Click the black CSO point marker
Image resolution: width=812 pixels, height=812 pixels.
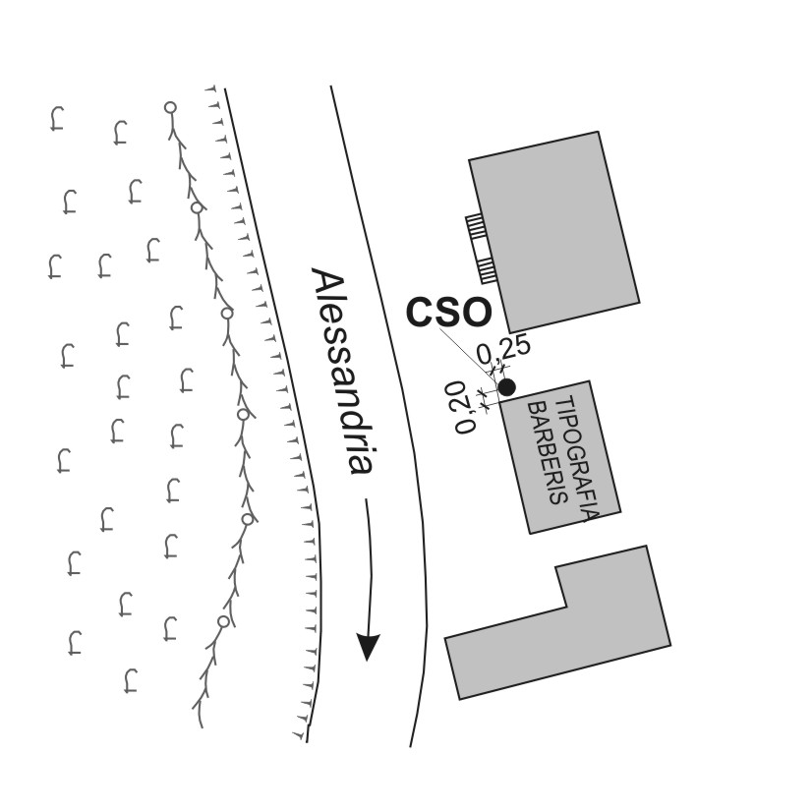(x=506, y=387)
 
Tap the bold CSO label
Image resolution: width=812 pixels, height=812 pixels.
(x=448, y=313)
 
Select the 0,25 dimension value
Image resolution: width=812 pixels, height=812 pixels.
(x=503, y=350)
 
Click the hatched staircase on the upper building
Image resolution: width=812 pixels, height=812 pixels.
(x=480, y=250)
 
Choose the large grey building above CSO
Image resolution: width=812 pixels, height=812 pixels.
(x=554, y=232)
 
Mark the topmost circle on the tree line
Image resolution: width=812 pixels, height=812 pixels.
(x=170, y=108)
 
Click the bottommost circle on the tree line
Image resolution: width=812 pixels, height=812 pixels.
(x=223, y=621)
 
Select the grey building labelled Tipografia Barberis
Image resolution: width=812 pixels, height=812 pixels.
(x=559, y=457)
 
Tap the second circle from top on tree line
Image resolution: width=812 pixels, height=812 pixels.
(x=197, y=207)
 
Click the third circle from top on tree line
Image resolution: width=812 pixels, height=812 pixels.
(x=227, y=313)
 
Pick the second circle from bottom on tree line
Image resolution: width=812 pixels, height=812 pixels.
(x=248, y=518)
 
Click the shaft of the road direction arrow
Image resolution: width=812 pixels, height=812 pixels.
(x=370, y=567)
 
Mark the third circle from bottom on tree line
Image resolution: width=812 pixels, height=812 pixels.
(x=243, y=414)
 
